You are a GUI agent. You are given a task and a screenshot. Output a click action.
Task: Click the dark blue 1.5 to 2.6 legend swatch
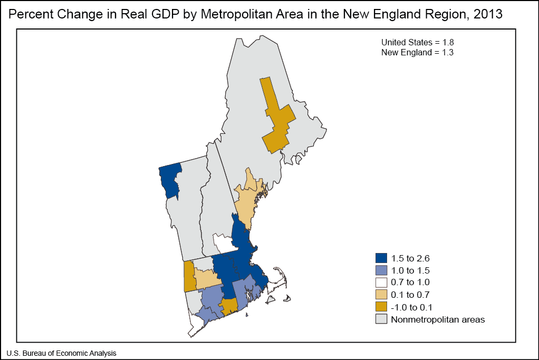[x=381, y=258]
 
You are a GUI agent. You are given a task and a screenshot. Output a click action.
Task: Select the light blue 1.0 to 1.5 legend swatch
[x=381, y=270]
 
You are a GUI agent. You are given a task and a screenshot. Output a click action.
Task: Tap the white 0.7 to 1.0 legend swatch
[x=381, y=283]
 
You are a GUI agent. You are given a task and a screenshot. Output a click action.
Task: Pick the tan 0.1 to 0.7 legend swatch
[x=381, y=295]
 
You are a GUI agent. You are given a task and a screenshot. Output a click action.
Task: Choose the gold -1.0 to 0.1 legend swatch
[x=381, y=307]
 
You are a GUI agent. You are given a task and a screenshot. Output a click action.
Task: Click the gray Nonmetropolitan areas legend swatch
[x=381, y=319]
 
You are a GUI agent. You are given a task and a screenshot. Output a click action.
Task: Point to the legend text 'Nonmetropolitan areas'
[x=437, y=319]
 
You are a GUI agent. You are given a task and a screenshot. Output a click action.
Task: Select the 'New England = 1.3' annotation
[x=417, y=52]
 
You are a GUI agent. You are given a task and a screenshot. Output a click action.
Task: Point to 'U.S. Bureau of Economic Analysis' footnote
[x=62, y=353]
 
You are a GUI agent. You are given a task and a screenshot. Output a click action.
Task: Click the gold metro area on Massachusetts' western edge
[x=188, y=275]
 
